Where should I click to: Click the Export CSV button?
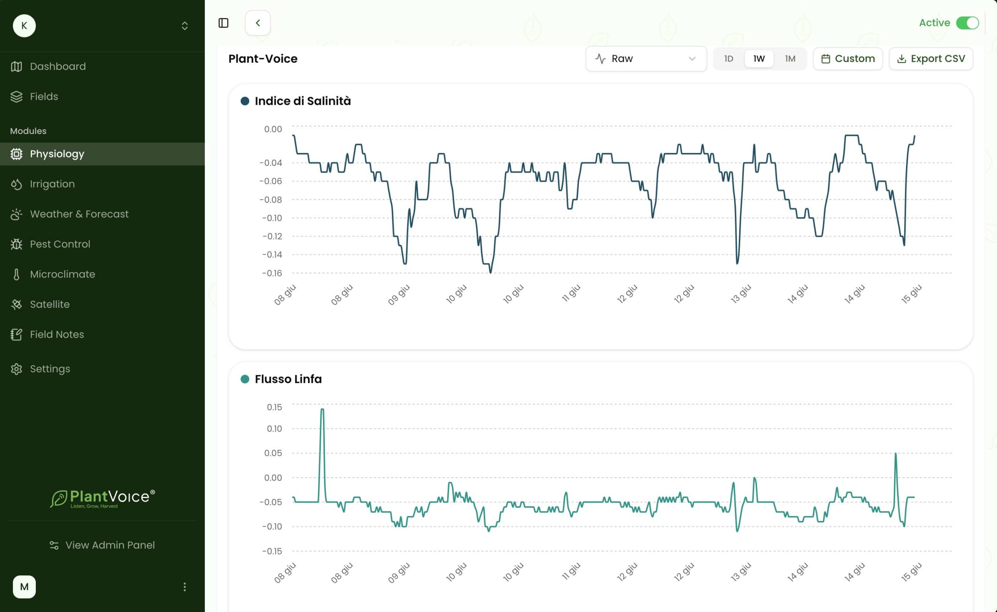pos(931,59)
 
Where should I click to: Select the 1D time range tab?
pos(728,59)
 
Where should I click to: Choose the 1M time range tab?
pos(790,59)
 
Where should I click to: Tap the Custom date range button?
pos(848,59)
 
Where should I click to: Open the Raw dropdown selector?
pos(646,59)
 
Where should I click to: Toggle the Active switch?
pos(967,23)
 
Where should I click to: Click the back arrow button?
pos(258,23)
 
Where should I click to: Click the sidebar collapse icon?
pos(224,23)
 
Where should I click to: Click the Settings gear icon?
pos(16,369)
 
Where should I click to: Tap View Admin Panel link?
pos(102,545)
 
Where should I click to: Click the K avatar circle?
pos(24,26)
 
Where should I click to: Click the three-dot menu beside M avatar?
pos(185,587)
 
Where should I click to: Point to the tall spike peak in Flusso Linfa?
pos(322,409)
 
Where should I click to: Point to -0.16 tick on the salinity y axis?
pos(272,273)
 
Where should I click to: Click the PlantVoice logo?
pos(102,498)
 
